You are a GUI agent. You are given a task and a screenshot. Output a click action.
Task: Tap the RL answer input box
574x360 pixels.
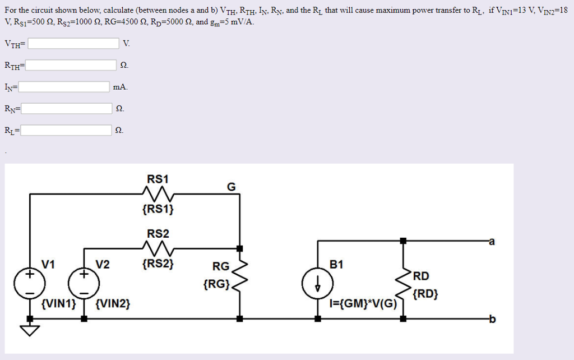(x=66, y=131)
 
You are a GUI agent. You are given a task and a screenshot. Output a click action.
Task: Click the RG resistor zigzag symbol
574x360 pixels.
(x=240, y=279)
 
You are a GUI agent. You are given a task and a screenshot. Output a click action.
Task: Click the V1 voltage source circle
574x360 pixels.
(x=30, y=282)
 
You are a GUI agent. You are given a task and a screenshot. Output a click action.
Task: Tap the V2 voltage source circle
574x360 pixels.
(x=84, y=282)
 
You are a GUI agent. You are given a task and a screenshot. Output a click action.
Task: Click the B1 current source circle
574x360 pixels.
(x=318, y=282)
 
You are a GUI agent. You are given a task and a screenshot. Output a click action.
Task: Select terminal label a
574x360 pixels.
(x=492, y=242)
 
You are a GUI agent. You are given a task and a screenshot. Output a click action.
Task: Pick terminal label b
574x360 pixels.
(x=492, y=320)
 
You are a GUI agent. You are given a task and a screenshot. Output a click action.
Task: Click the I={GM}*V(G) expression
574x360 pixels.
(x=363, y=304)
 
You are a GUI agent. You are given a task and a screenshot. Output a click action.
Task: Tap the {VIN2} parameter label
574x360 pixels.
(x=113, y=304)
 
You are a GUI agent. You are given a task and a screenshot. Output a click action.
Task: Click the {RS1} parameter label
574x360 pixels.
(x=158, y=209)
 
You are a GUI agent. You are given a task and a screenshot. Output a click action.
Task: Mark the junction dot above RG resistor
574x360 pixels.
(x=240, y=248)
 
